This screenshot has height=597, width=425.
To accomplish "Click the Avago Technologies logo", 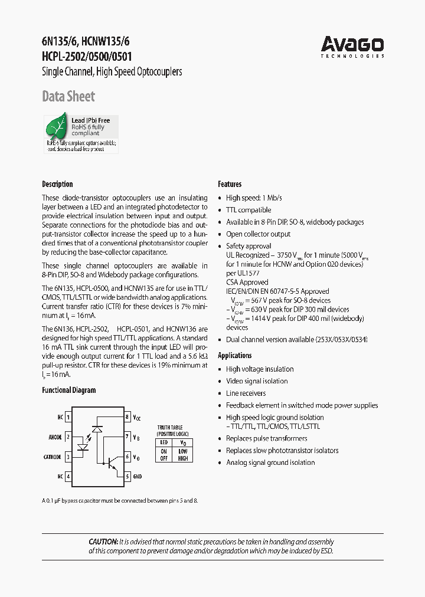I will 352,46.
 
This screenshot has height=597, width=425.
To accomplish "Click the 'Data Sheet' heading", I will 68,97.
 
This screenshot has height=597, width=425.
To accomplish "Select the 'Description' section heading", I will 57,184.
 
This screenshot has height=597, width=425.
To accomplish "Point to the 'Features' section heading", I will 230,184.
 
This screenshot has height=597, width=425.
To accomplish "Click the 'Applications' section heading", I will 235,355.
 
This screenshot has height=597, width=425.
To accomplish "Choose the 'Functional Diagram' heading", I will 68,390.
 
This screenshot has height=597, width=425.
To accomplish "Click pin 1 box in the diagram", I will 68,417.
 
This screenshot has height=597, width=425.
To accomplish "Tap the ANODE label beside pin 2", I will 55,437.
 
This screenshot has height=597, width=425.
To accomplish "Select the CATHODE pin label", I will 53,457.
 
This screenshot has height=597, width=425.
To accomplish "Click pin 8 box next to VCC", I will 127,417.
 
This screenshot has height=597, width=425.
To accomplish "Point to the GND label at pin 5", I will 137,476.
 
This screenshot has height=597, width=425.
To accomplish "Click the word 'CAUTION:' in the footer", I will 103,542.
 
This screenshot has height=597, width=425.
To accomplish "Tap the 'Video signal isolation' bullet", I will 257,381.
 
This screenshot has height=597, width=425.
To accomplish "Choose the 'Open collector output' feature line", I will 258,234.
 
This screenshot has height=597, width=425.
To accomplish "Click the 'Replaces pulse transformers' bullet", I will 266,438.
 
